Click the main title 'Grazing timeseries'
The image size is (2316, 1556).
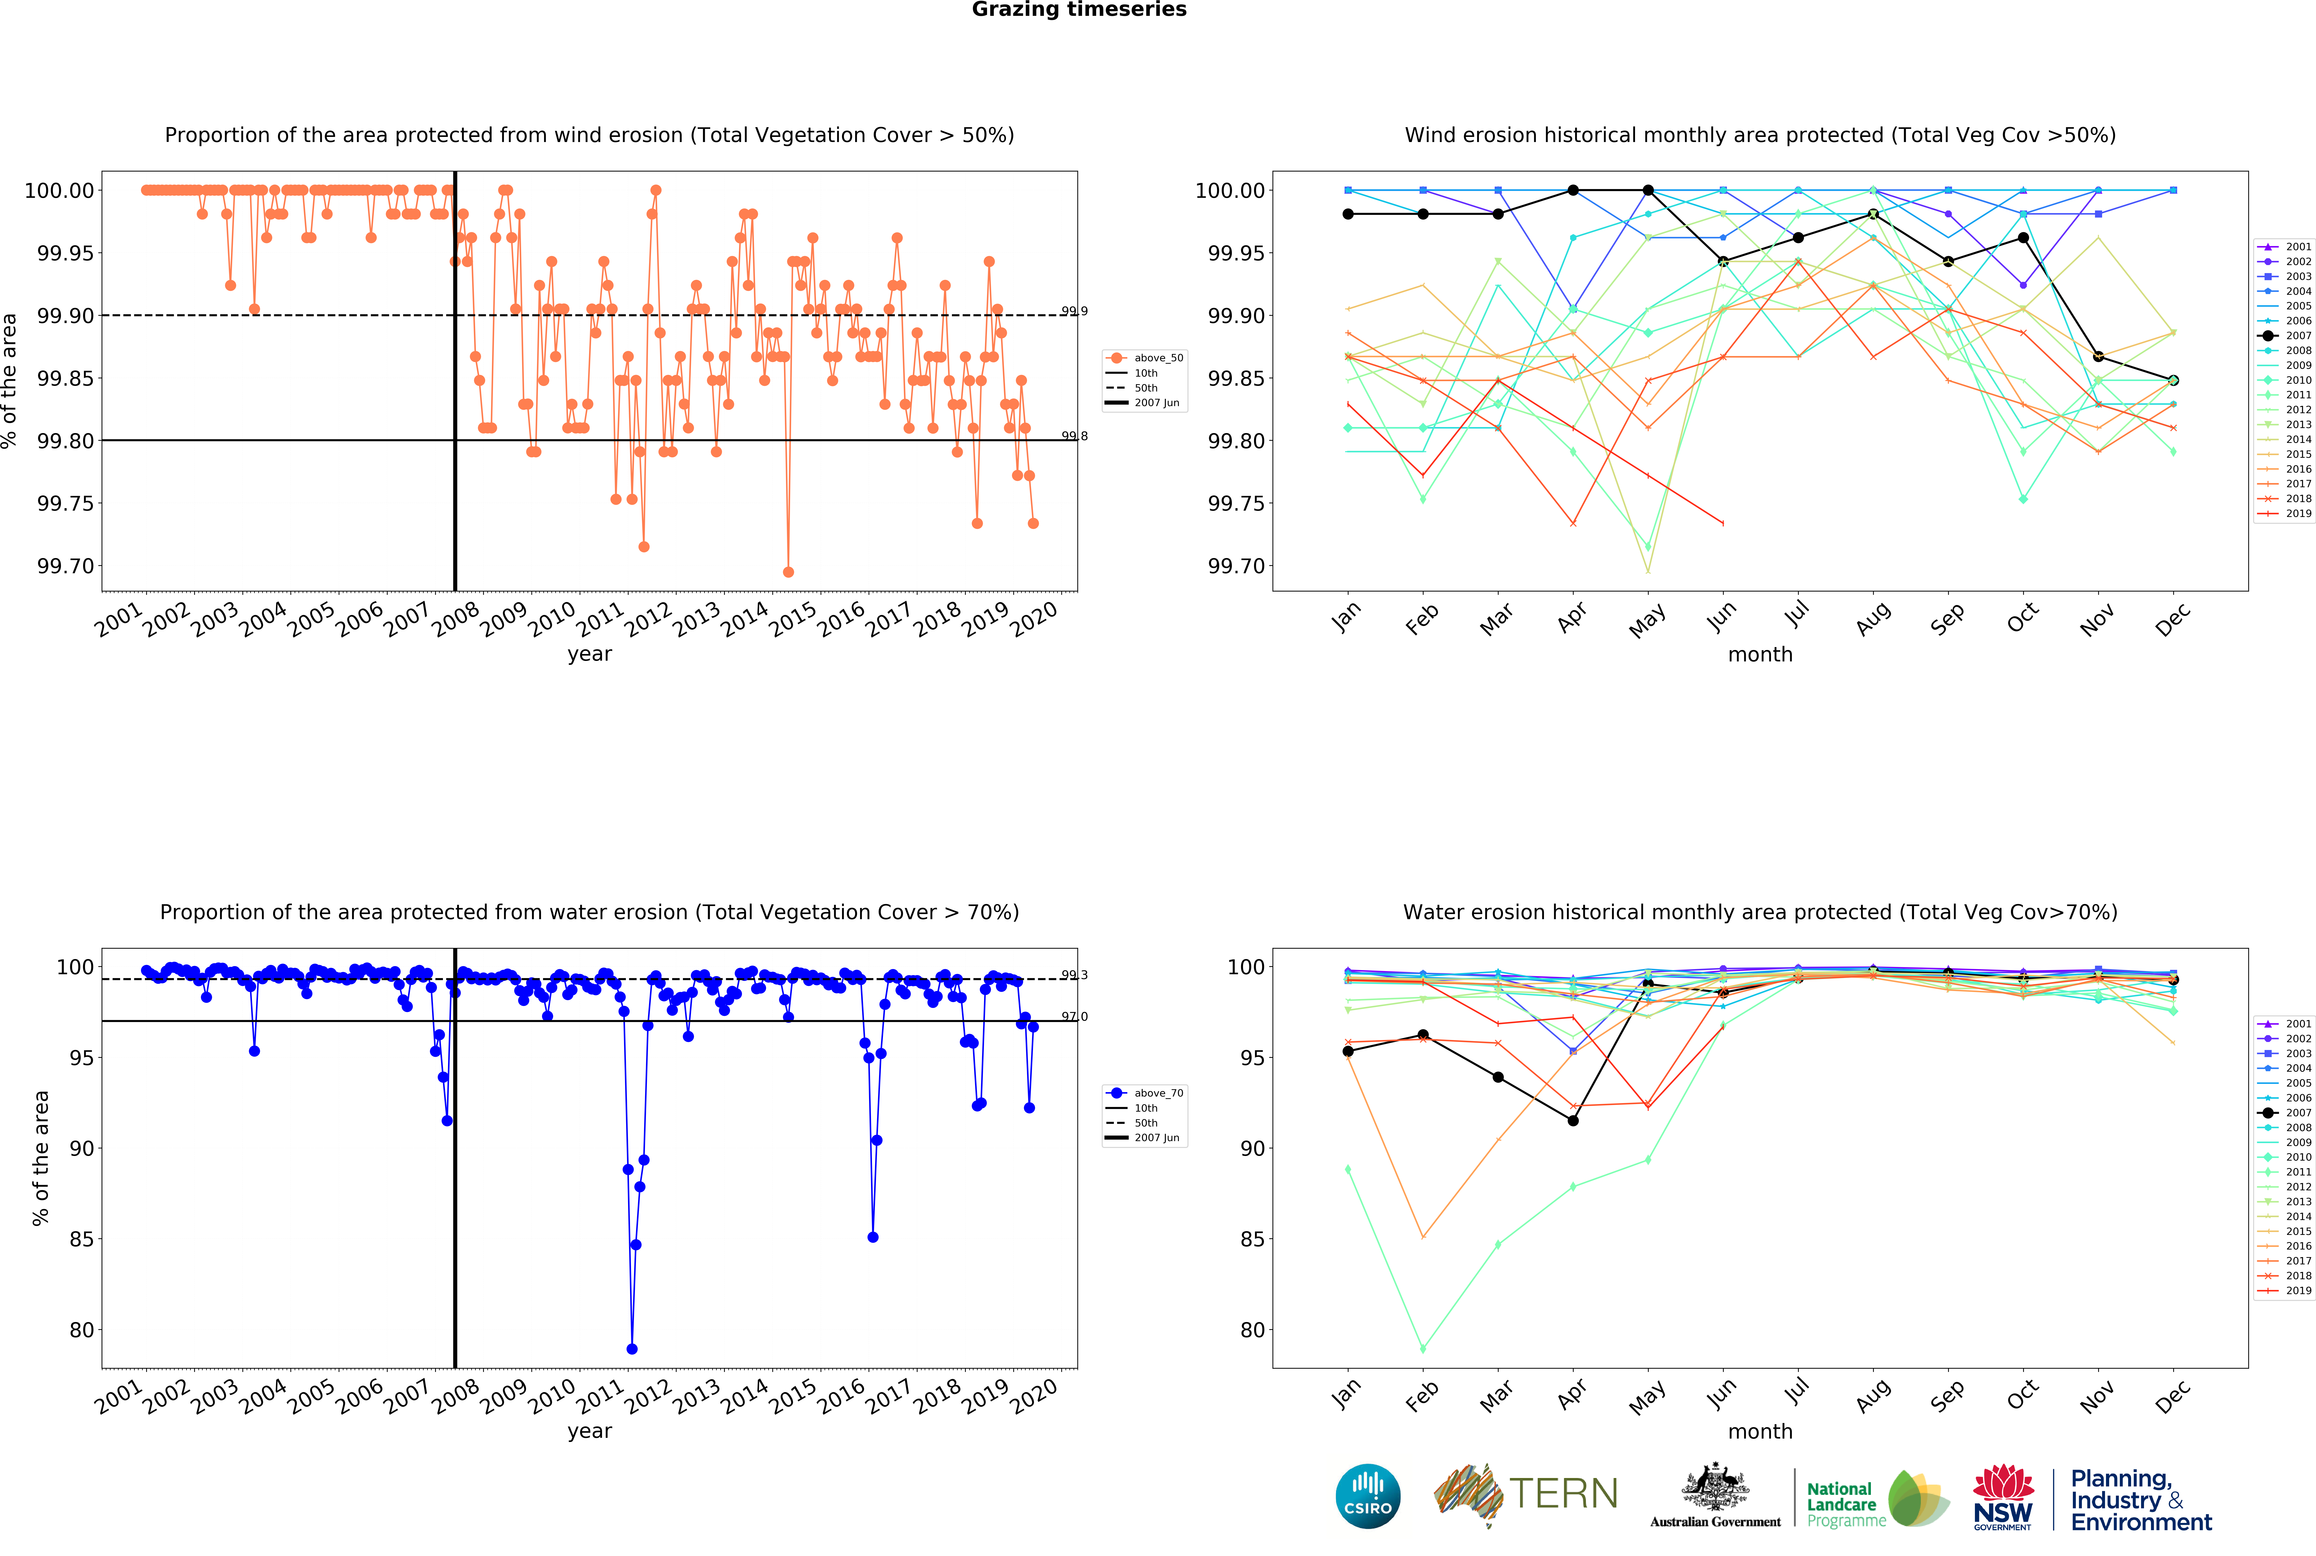pyautogui.click(x=1079, y=10)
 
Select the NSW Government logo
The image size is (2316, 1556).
pyautogui.click(x=2002, y=1497)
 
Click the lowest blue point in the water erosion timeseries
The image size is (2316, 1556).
pyautogui.click(x=632, y=1349)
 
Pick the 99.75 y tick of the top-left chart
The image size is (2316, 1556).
pyautogui.click(x=66, y=503)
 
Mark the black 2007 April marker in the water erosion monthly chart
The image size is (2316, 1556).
pyautogui.click(x=1573, y=1120)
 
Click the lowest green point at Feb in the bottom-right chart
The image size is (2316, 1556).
pyautogui.click(x=1423, y=1349)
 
